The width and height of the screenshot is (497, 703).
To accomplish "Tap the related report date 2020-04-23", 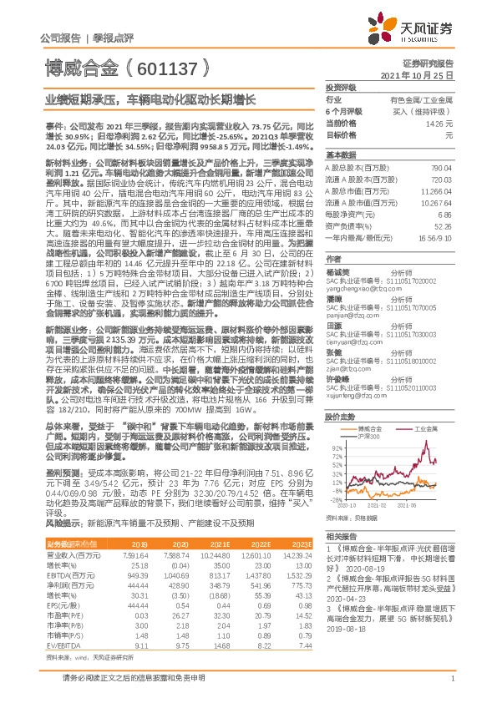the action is point(344,597).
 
